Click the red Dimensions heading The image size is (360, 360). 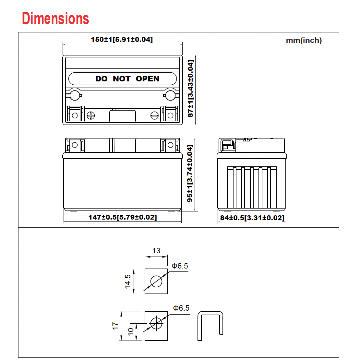55,18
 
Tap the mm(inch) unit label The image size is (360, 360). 304,41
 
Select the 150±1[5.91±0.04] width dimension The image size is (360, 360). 122,40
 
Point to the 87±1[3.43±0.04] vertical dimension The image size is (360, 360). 191,89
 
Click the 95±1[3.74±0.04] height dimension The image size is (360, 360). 190,173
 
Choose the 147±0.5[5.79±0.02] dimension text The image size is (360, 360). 123,217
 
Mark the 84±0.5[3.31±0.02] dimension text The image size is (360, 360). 252,218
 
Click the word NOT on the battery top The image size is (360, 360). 122,79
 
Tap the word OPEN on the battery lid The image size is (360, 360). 147,79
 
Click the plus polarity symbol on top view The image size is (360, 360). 91,115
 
